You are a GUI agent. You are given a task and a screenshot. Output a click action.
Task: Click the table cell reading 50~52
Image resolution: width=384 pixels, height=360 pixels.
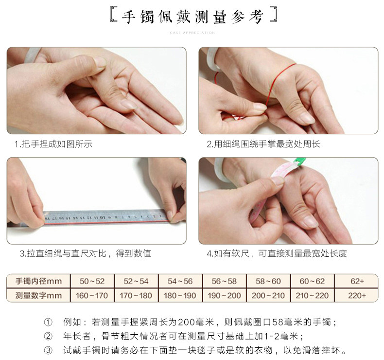pos(92,281)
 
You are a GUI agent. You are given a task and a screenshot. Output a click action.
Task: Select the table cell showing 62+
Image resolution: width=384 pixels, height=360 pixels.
pos(357,281)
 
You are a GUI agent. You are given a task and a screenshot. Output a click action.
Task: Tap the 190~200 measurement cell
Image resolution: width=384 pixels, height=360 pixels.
pos(224,295)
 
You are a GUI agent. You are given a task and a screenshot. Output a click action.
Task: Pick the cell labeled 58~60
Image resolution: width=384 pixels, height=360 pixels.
pos(268,281)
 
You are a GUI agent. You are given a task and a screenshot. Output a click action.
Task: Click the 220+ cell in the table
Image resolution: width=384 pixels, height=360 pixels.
pos(357,295)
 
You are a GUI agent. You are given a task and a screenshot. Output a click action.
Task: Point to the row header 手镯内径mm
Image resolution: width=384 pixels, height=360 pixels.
pos(38,281)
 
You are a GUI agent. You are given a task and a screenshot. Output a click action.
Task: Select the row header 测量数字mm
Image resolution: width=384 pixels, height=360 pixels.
pos(38,295)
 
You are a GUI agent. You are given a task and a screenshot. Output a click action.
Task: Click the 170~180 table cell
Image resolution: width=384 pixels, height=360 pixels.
pos(136,295)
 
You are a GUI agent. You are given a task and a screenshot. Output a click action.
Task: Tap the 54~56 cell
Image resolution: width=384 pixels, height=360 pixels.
pos(180,281)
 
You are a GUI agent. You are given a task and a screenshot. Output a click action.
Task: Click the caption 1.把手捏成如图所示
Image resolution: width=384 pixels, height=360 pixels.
pos(53,144)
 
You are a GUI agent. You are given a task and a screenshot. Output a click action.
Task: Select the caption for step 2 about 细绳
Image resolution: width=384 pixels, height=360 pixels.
pos(263,144)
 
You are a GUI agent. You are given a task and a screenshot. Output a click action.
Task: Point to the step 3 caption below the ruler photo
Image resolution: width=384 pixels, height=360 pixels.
pos(85,253)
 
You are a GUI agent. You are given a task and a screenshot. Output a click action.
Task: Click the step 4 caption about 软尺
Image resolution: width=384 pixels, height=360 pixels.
pos(277,253)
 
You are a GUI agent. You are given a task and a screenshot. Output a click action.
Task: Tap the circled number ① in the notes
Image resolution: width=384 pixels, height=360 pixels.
pos(48,322)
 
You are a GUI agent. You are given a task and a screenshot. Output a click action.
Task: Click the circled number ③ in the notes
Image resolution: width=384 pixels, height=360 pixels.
pos(48,350)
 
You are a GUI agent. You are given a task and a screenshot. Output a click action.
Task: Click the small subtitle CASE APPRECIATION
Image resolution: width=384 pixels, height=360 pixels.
pos(192,33)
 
